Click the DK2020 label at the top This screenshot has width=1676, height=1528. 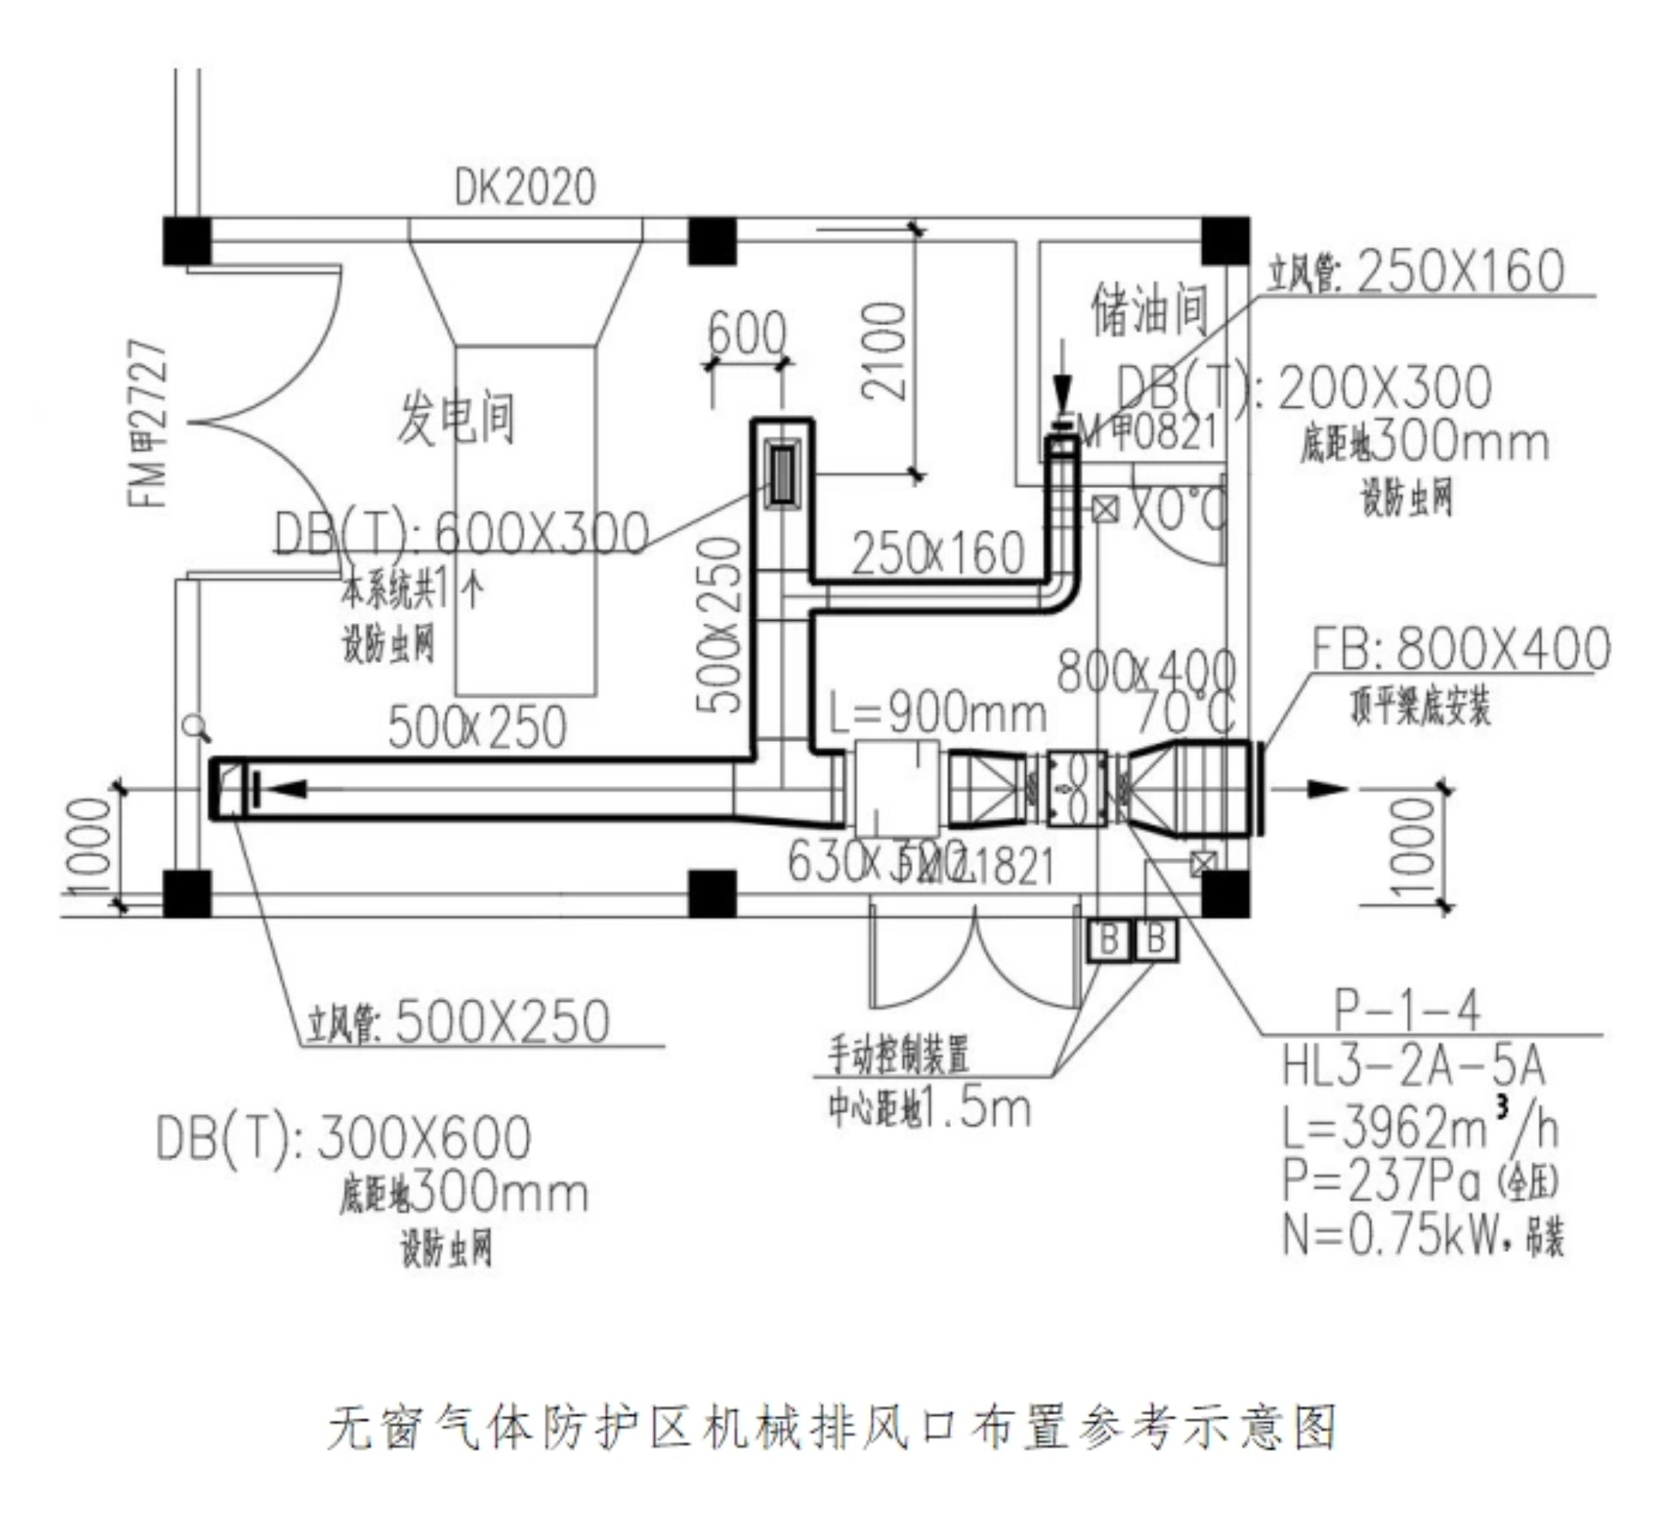(x=525, y=188)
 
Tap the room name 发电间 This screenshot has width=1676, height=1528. (x=456, y=418)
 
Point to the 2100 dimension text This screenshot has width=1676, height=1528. (x=883, y=351)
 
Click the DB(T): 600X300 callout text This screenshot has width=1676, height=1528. (x=461, y=533)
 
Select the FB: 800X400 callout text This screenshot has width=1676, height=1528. (x=1460, y=649)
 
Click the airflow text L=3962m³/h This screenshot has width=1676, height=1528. (x=1420, y=1129)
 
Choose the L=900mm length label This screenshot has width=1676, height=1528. (x=938, y=714)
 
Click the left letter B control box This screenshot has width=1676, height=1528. (x=1109, y=941)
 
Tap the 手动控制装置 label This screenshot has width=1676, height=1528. (x=899, y=1054)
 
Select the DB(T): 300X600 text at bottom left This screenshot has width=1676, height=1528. (x=343, y=1138)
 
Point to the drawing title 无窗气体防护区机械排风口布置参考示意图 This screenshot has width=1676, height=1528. (x=832, y=1428)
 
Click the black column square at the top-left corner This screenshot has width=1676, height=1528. (x=186, y=241)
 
